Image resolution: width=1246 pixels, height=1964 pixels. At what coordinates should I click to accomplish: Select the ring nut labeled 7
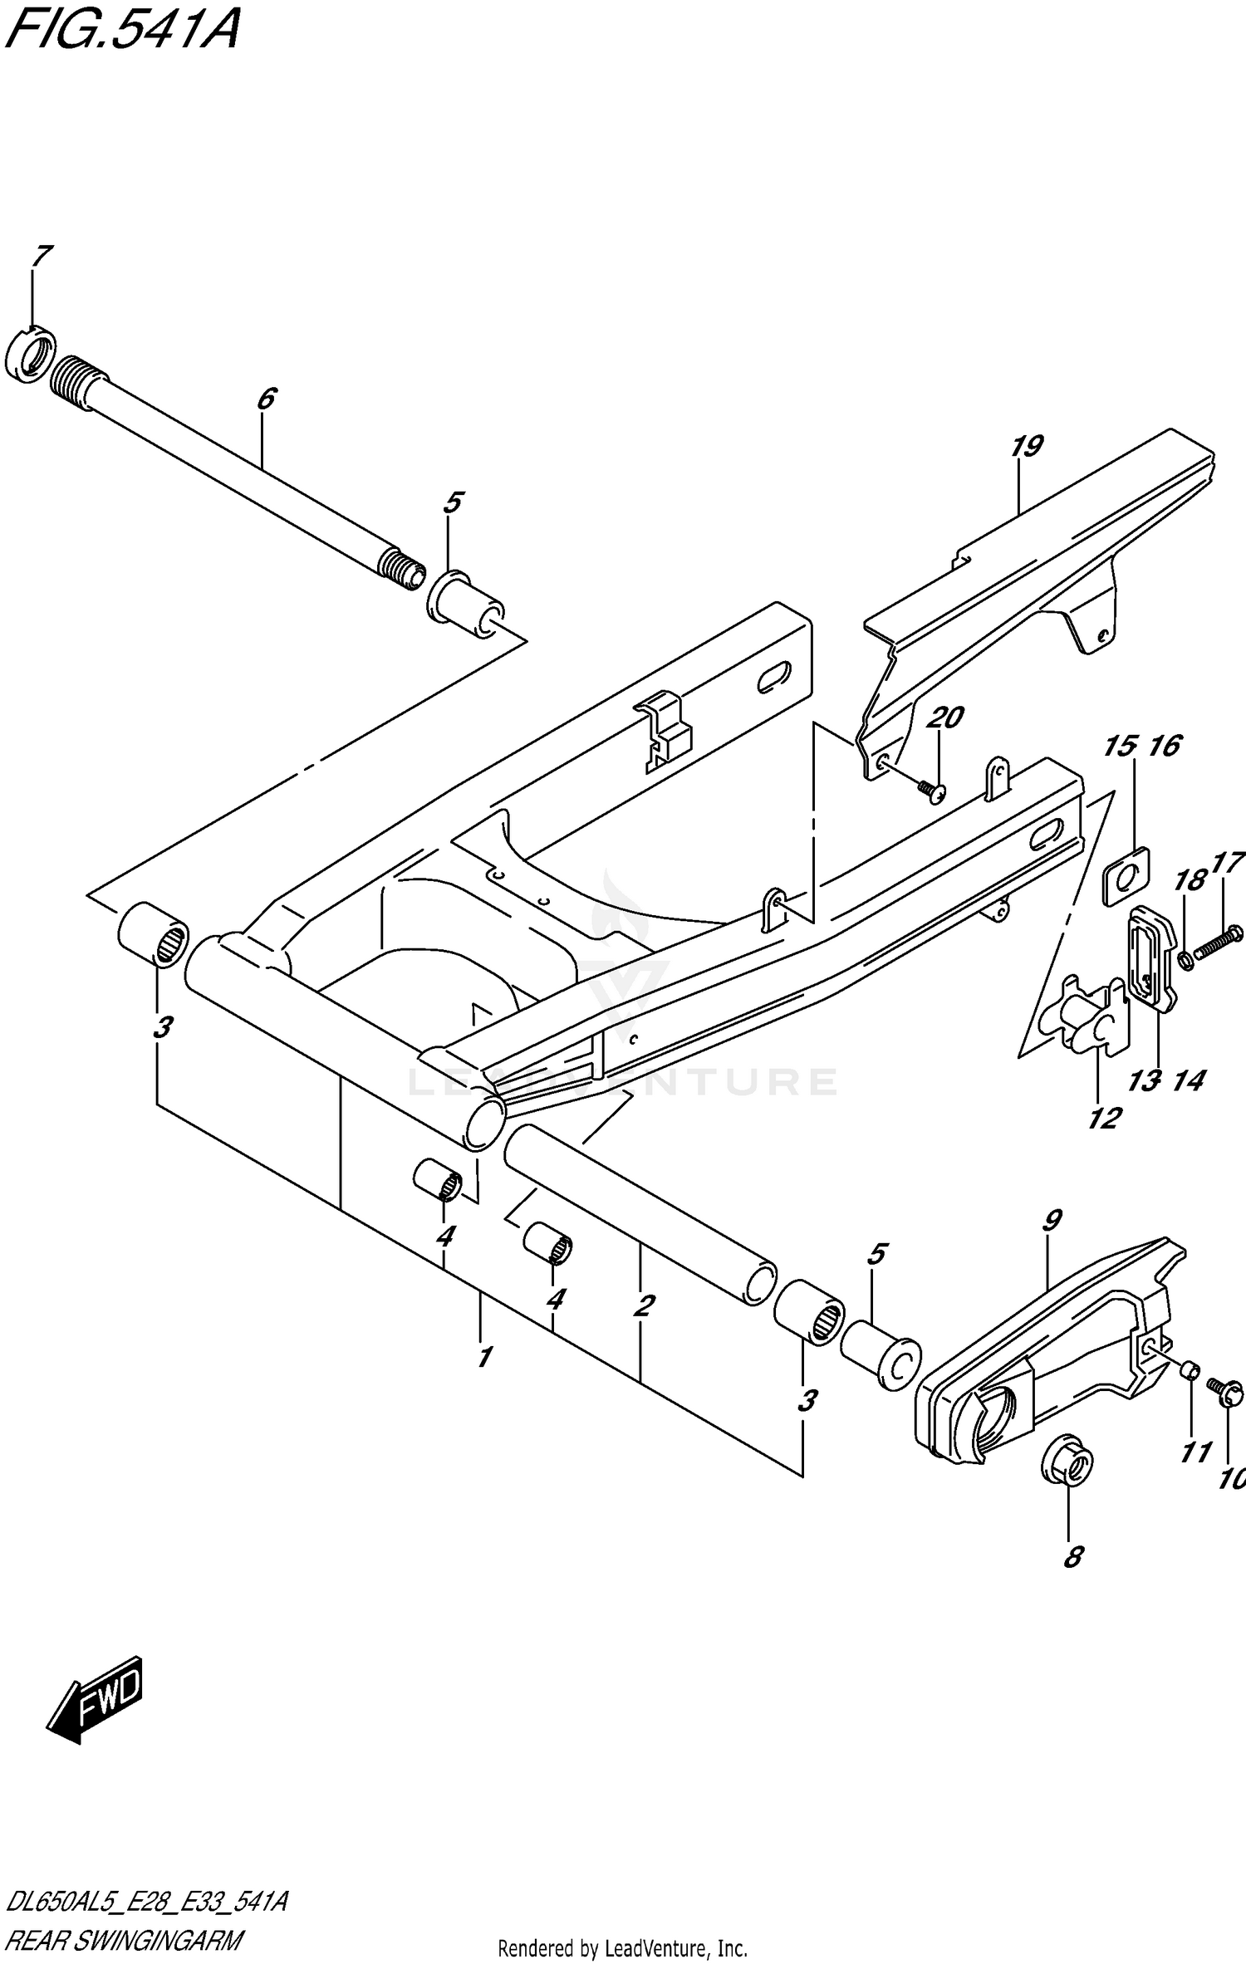(x=29, y=356)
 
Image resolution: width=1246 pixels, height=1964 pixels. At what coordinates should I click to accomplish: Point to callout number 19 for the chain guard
(x=1027, y=447)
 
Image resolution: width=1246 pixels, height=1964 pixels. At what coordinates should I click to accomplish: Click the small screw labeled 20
(x=934, y=793)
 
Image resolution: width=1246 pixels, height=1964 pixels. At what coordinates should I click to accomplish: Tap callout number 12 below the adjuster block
(x=1104, y=1118)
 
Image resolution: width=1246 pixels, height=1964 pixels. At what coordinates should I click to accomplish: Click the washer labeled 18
(x=1185, y=961)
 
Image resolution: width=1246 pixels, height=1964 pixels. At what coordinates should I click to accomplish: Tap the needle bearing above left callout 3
(x=155, y=933)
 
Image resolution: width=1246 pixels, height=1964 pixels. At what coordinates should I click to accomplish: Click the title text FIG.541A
(x=122, y=32)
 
